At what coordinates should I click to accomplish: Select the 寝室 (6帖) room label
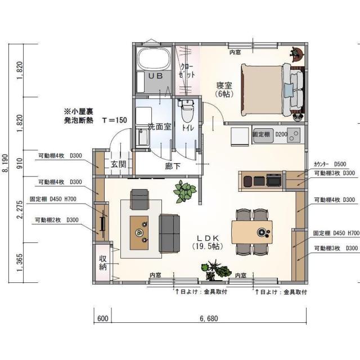pos(224,89)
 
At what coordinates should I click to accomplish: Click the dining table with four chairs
pos(252,232)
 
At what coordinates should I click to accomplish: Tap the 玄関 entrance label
pos(118,164)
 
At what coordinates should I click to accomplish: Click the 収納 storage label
pos(103,263)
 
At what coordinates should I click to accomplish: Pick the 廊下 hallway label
pos(172,166)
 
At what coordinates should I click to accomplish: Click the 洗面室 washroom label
pos(159,127)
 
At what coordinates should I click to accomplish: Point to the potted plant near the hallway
pos(184,192)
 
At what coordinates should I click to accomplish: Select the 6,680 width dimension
pos(209,318)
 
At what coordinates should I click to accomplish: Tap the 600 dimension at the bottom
pos(102,318)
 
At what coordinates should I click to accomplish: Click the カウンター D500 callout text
pos(334,164)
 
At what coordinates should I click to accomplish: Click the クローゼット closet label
pos(188,70)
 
